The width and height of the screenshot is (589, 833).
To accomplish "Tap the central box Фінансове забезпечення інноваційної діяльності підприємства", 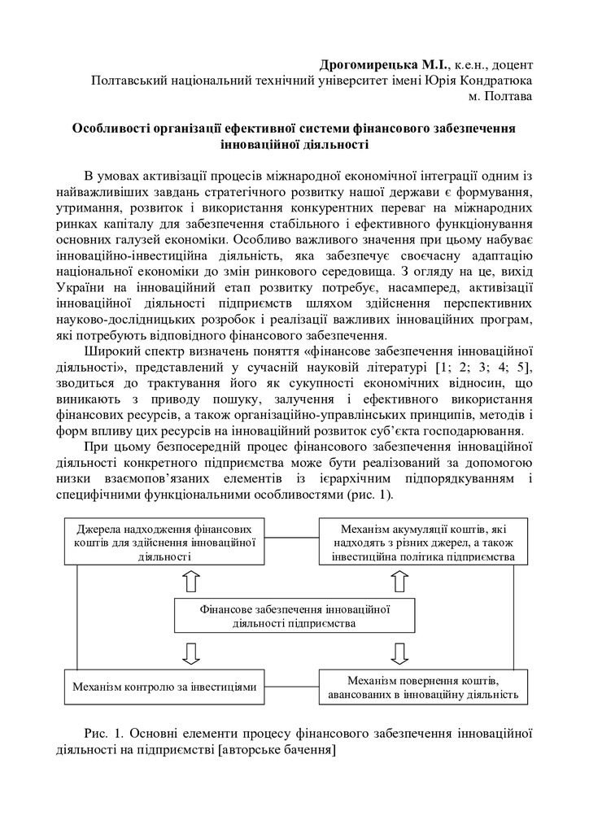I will click(290, 616).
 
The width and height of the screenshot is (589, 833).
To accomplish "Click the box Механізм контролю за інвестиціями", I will click(165, 687).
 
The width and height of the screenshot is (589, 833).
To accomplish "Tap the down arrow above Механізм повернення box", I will click(399, 652).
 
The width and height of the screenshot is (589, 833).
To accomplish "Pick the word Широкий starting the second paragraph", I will click(109, 351).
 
